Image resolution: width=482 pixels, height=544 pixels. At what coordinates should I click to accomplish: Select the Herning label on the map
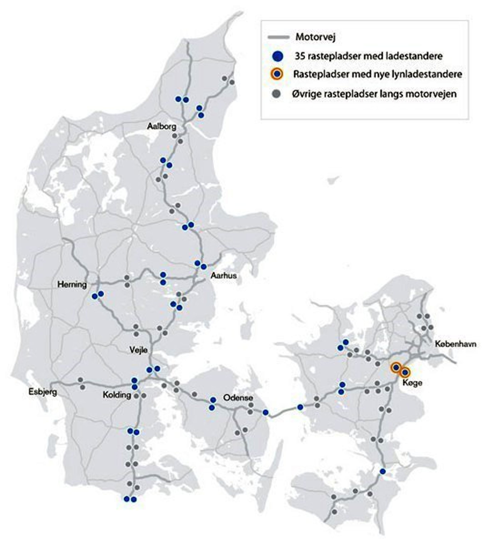(x=72, y=285)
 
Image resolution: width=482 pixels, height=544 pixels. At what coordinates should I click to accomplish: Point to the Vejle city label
(x=138, y=350)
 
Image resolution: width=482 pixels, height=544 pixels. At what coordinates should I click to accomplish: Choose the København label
(x=455, y=344)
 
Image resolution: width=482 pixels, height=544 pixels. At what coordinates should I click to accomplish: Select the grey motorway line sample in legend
(x=278, y=37)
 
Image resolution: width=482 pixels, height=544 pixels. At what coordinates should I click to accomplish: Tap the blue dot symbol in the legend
(x=278, y=56)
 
